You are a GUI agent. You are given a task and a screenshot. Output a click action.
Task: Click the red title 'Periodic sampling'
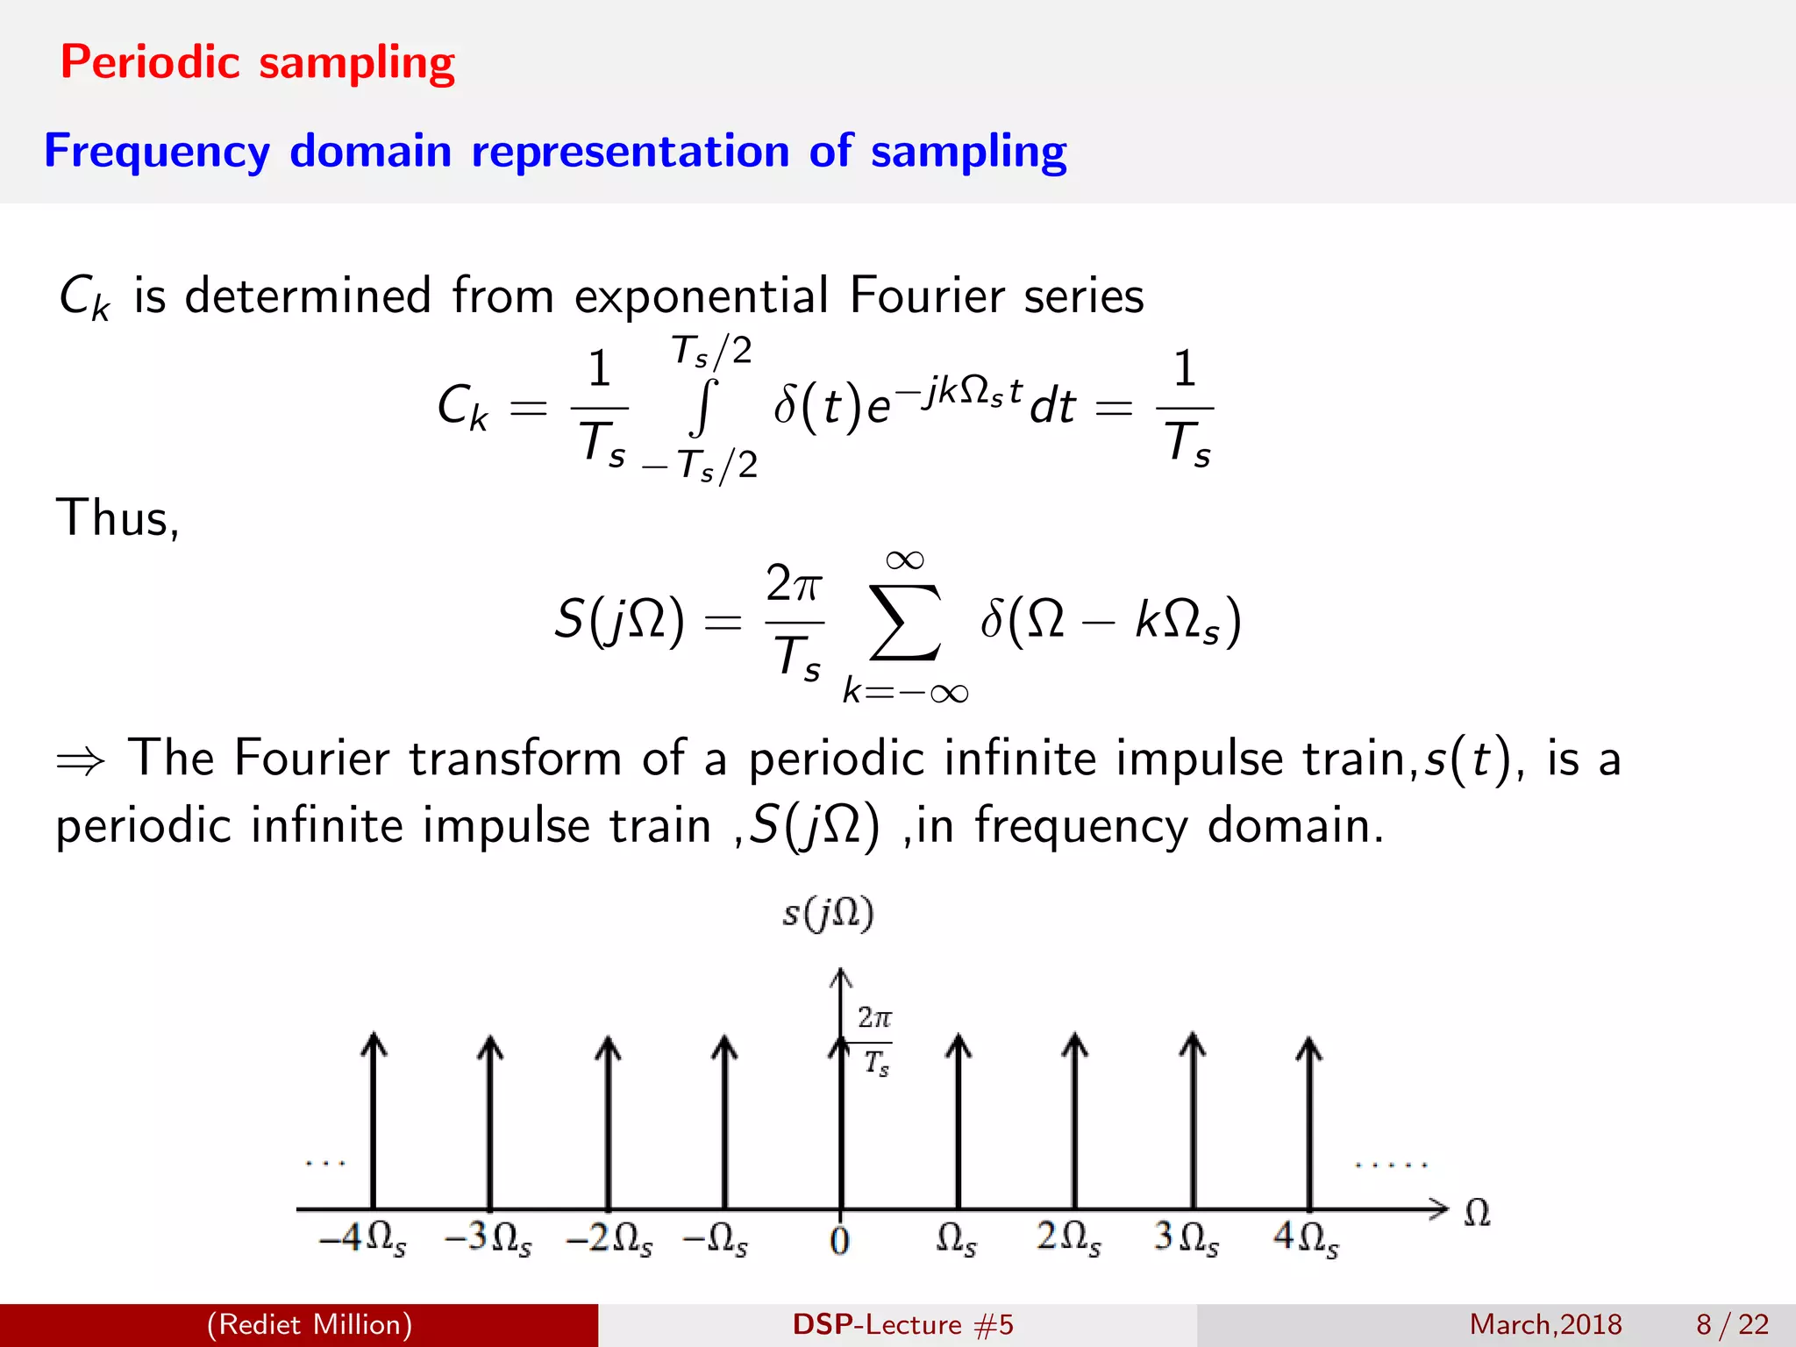pyautogui.click(x=257, y=62)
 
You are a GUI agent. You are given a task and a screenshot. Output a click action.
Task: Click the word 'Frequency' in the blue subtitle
pyautogui.click(x=157, y=151)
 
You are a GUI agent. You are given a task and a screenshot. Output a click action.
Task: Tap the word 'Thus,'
pyautogui.click(x=118, y=517)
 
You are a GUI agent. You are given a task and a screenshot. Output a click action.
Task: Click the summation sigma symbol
pyautogui.click(x=905, y=622)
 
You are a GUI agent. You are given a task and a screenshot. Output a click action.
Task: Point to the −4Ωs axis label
pyautogui.click(x=362, y=1238)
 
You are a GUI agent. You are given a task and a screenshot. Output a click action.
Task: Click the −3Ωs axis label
pyautogui.click(x=488, y=1238)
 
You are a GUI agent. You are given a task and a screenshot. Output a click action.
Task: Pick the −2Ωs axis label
pyautogui.click(x=609, y=1238)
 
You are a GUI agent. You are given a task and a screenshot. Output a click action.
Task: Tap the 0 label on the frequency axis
pyautogui.click(x=839, y=1240)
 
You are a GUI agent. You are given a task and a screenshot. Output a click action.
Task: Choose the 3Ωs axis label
pyautogui.click(x=1186, y=1238)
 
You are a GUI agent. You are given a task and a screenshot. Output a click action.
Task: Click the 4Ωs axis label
pyautogui.click(x=1306, y=1238)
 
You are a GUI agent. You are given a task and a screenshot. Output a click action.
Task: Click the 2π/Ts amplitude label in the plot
pyautogui.click(x=874, y=1041)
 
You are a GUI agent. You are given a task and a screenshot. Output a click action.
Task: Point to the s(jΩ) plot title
pyautogui.click(x=828, y=914)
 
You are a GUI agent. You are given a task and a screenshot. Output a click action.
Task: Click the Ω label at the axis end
pyautogui.click(x=1477, y=1214)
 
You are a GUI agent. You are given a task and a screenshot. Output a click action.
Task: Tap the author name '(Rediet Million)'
pyautogui.click(x=309, y=1324)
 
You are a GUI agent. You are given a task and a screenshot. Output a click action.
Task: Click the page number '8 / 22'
pyautogui.click(x=1732, y=1324)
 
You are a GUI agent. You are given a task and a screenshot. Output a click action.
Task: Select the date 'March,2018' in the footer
pyautogui.click(x=1545, y=1324)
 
